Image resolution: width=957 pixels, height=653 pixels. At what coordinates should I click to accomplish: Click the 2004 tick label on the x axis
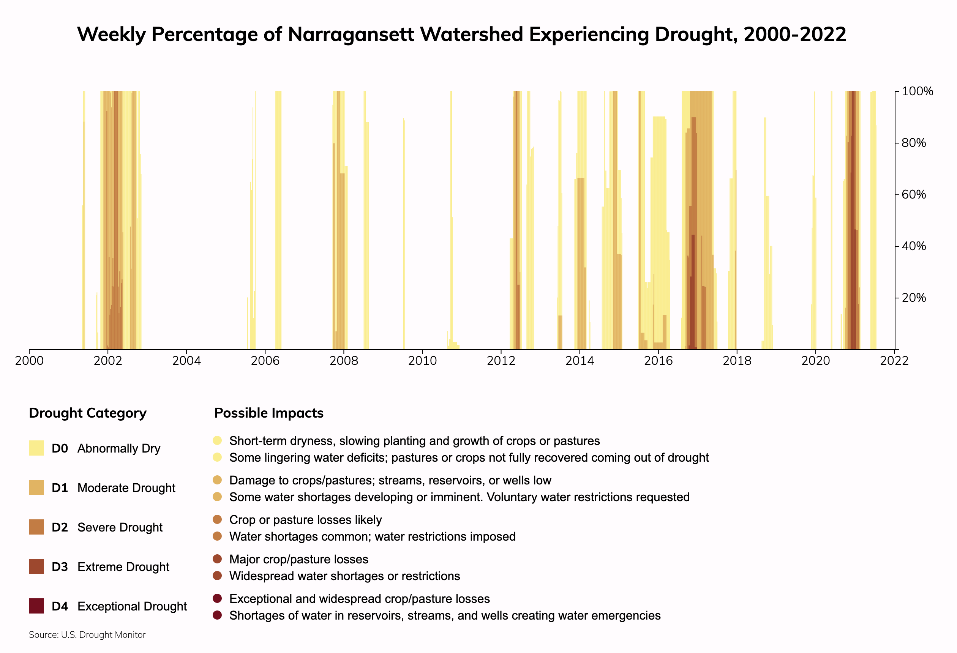pyautogui.click(x=186, y=361)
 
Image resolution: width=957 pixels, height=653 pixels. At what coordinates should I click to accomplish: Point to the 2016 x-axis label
pyautogui.click(x=658, y=361)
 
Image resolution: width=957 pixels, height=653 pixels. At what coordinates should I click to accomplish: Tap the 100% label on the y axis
pyautogui.click(x=918, y=91)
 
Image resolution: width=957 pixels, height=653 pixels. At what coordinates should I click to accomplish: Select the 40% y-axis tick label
pyautogui.click(x=914, y=246)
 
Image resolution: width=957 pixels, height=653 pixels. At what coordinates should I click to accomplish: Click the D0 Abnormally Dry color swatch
pyautogui.click(x=36, y=448)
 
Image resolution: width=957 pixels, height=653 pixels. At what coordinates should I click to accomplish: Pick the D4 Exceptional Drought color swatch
pyautogui.click(x=36, y=606)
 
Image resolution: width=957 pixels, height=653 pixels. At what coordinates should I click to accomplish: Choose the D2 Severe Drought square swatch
pyautogui.click(x=36, y=527)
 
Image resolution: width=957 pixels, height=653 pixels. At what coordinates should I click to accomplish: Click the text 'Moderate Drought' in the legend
pyautogui.click(x=126, y=488)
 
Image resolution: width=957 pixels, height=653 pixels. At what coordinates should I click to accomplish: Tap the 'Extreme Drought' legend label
pyautogui.click(x=123, y=567)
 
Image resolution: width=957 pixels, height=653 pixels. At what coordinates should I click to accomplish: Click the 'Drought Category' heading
pyautogui.click(x=88, y=413)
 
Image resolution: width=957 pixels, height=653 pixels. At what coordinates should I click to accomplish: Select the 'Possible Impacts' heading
pyautogui.click(x=269, y=413)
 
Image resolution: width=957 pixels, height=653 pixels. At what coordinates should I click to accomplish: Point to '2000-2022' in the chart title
pyautogui.click(x=795, y=34)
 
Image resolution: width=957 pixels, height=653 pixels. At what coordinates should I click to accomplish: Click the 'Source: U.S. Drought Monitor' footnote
pyautogui.click(x=87, y=635)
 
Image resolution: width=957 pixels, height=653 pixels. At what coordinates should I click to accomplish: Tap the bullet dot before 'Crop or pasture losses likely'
pyautogui.click(x=218, y=520)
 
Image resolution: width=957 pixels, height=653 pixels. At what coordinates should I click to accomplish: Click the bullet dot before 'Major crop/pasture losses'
pyautogui.click(x=218, y=559)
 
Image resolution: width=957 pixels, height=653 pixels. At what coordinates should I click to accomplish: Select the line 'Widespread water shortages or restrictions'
pyautogui.click(x=344, y=576)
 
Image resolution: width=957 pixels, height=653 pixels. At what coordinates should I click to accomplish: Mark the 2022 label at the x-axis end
pyautogui.click(x=894, y=361)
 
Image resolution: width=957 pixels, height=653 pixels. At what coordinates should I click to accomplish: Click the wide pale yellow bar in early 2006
pyautogui.click(x=278, y=220)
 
